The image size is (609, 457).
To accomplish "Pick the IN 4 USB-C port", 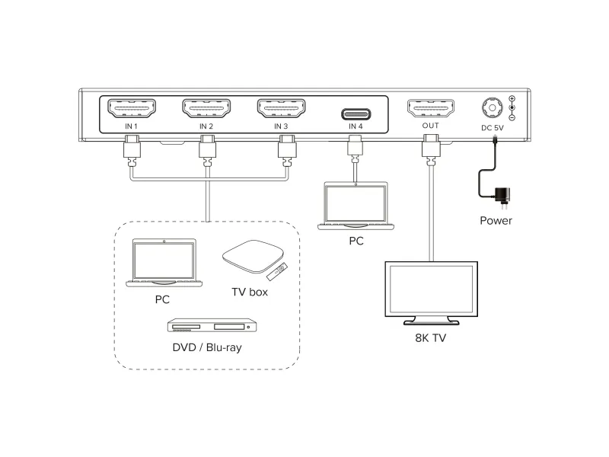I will (x=356, y=114).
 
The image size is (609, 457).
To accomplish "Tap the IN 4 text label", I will (x=356, y=126).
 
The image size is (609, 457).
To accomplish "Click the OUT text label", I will (x=431, y=126).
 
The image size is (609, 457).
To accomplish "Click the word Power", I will (x=496, y=221).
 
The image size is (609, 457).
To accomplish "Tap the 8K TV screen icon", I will (x=431, y=290).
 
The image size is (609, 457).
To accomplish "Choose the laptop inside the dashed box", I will (x=164, y=263).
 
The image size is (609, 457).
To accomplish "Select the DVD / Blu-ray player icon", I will (x=209, y=325).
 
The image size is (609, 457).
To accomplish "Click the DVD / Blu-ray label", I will (x=208, y=348).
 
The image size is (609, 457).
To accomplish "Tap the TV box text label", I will (x=250, y=292).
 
